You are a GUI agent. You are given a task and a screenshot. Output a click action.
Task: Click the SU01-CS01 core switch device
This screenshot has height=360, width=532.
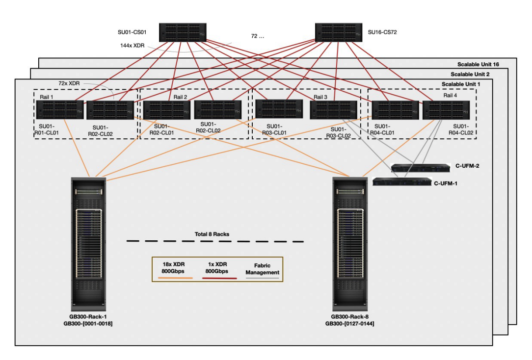(183, 32)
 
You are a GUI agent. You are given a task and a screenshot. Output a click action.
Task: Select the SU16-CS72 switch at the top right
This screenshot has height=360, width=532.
(338, 32)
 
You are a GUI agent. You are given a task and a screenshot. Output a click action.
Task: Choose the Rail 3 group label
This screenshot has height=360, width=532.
(320, 97)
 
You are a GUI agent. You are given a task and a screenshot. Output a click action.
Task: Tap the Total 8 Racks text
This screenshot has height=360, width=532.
(212, 234)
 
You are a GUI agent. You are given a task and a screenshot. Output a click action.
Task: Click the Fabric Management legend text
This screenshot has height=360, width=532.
(263, 269)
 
